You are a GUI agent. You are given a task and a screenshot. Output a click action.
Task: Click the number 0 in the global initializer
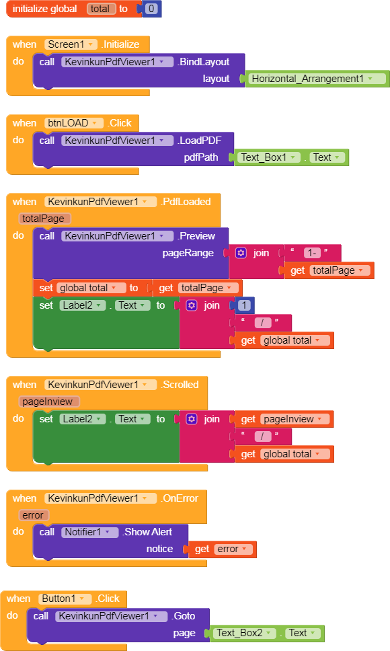tap(151, 9)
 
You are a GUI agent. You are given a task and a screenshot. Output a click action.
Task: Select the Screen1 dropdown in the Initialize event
tap(71, 44)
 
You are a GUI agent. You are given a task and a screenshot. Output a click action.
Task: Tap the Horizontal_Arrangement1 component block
tap(317, 79)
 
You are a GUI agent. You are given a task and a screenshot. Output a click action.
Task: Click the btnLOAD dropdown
tap(73, 123)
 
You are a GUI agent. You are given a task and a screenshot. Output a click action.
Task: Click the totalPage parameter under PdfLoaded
tap(44, 219)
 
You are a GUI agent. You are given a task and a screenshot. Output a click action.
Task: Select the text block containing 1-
tap(313, 253)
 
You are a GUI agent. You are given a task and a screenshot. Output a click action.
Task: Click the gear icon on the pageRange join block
tap(241, 253)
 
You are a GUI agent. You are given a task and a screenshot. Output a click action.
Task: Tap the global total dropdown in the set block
tap(91, 288)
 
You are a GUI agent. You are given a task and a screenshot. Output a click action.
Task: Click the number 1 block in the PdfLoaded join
tap(244, 305)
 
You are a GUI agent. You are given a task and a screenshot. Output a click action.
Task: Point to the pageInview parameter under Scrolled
tap(48, 401)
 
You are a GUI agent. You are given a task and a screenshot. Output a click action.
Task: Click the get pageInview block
tap(284, 420)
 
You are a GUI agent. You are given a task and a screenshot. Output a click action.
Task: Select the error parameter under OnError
tap(34, 515)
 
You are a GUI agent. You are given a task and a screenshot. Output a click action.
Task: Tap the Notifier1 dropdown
tap(90, 532)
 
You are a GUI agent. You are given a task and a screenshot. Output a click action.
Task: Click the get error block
tap(223, 549)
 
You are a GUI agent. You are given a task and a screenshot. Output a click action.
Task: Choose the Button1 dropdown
tap(65, 599)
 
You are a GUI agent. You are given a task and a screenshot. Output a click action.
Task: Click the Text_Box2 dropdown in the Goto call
tap(244, 633)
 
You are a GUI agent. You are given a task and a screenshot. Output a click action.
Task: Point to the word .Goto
tap(184, 616)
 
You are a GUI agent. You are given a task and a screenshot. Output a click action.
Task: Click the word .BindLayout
tap(203, 62)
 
